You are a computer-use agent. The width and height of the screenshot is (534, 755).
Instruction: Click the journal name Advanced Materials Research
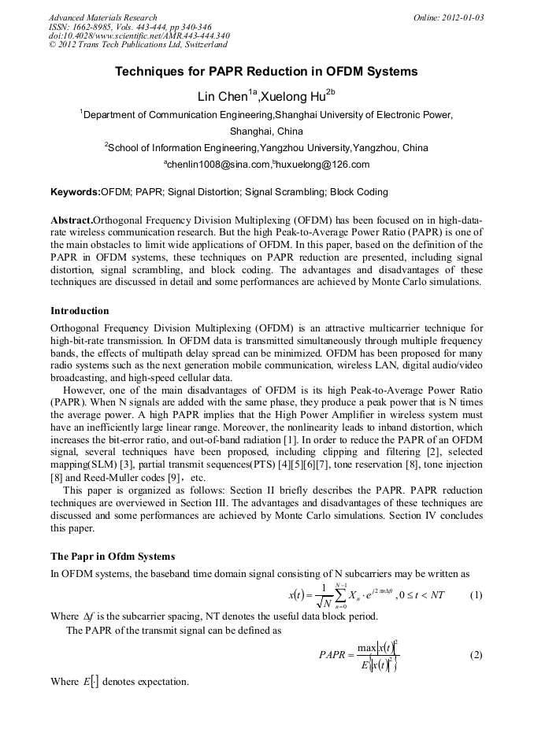click(x=102, y=17)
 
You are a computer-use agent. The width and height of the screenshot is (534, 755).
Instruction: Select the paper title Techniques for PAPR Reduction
click(x=266, y=72)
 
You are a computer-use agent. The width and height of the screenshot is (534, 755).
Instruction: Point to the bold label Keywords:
click(x=76, y=192)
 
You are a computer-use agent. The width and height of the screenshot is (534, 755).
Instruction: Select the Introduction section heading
click(x=80, y=311)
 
